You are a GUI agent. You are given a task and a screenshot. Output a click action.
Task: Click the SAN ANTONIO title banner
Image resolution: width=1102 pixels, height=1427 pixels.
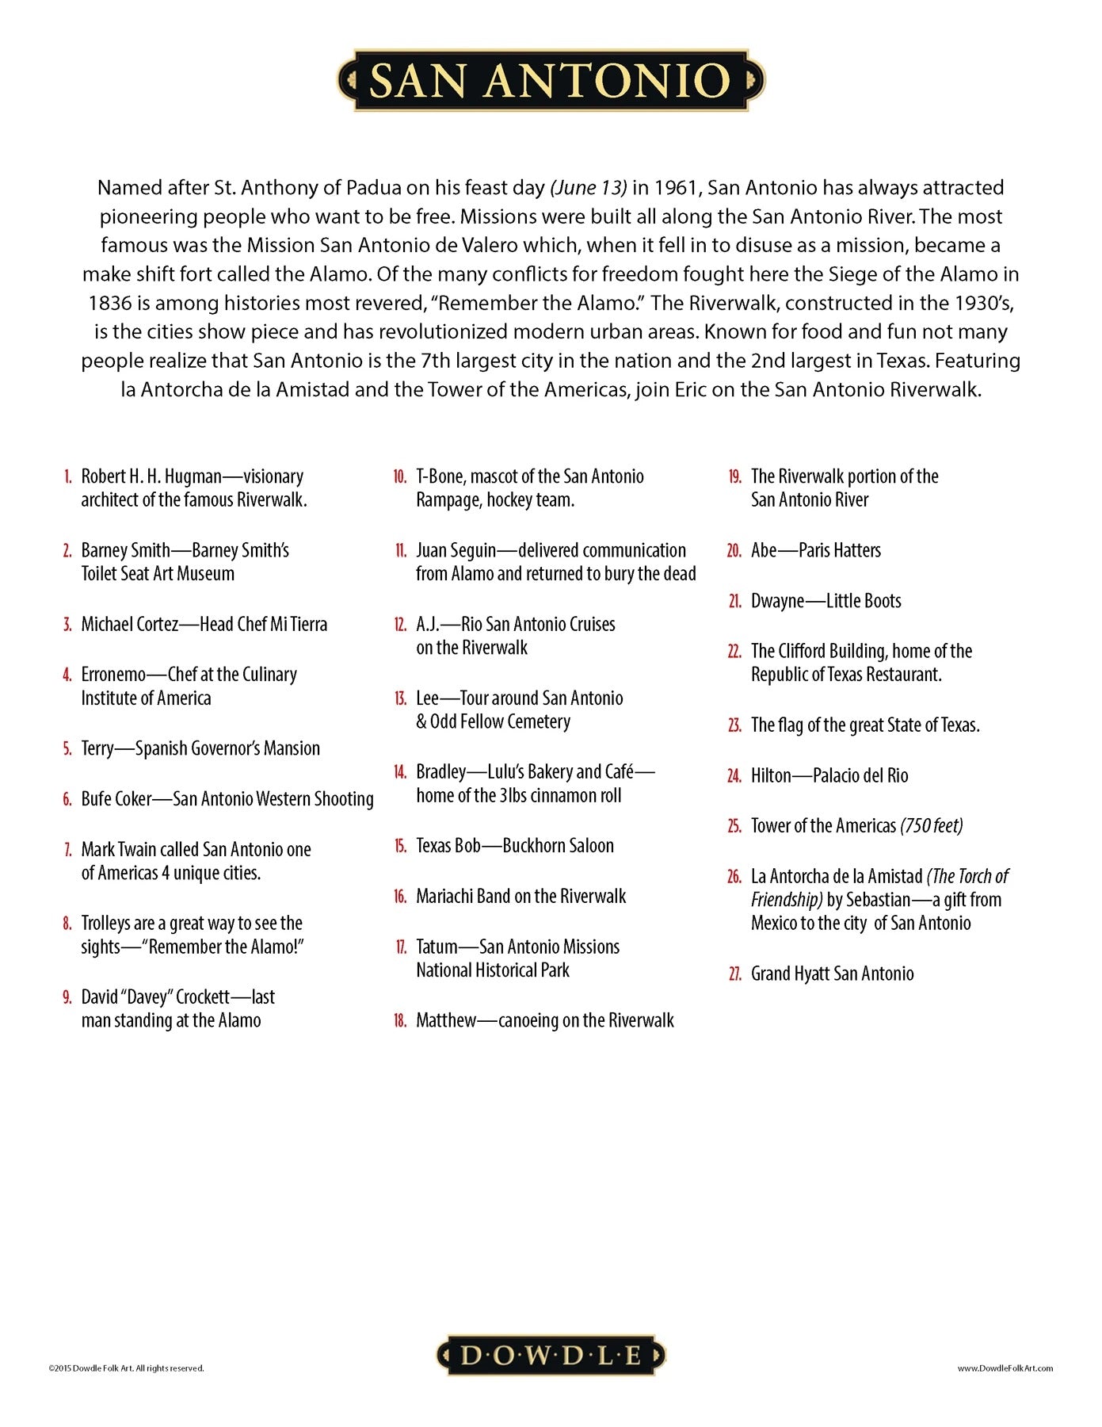pos(551,80)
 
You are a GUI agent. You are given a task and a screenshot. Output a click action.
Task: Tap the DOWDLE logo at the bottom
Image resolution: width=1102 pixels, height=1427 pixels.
pos(551,1355)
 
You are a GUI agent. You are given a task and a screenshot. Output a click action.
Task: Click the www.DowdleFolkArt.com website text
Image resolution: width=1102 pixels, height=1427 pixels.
pos(1005,1368)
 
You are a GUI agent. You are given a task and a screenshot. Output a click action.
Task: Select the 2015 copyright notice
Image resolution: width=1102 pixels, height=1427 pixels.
pos(126,1368)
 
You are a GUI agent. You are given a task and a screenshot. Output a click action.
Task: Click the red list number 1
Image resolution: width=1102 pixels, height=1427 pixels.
pos(68,477)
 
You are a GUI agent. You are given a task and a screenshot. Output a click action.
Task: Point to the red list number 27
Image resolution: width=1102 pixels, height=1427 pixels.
pos(734,974)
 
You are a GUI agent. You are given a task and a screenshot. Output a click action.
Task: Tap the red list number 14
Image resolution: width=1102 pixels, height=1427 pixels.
pos(400,772)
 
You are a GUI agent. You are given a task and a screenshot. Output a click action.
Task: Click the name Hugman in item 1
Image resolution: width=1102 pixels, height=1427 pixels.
pos(193,477)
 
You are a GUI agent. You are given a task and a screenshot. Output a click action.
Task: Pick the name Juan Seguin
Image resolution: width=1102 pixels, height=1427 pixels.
pos(456,551)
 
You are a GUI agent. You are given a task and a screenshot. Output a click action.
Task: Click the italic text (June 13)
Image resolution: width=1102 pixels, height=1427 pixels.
pos(589,188)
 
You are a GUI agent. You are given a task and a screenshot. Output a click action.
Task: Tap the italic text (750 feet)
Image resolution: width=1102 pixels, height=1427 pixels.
pos(932,826)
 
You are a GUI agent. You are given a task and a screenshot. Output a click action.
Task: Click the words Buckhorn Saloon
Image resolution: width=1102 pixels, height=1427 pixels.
pos(558,846)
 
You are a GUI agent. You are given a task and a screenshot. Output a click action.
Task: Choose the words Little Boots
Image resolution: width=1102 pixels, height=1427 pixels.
pos(863,601)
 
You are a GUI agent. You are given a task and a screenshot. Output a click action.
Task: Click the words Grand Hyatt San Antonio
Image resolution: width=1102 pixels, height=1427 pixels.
pos(832,974)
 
